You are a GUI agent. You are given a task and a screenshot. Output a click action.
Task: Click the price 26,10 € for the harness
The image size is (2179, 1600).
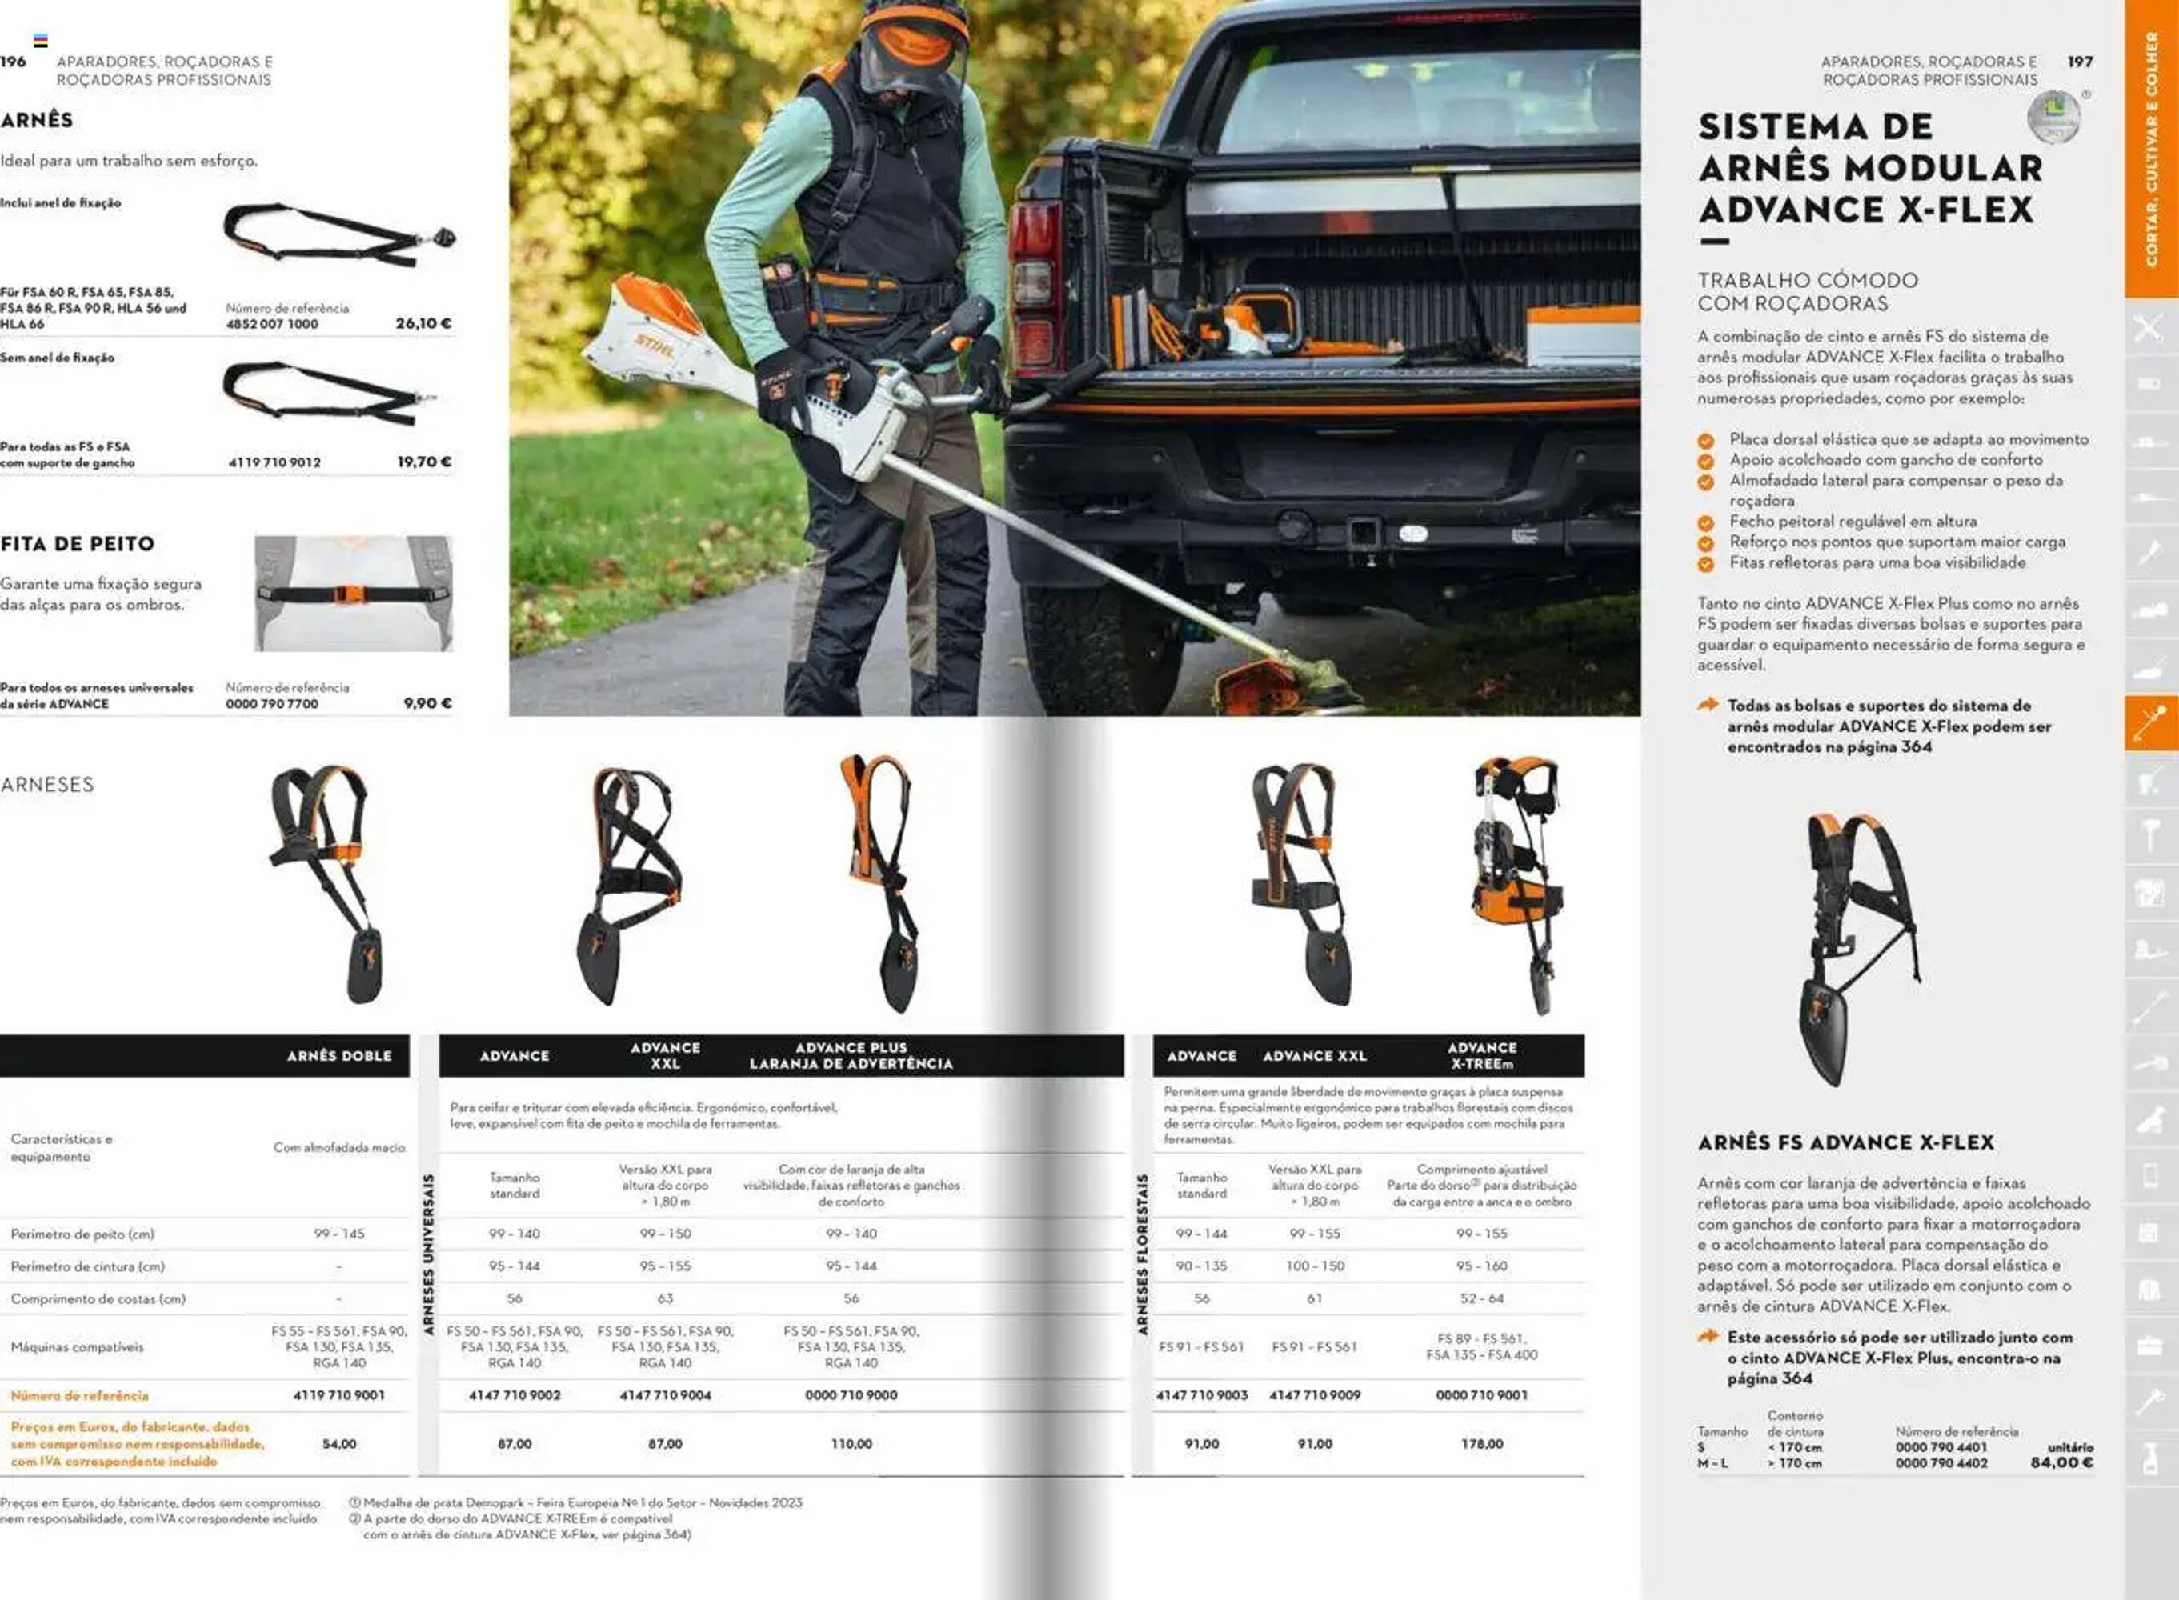click(423, 323)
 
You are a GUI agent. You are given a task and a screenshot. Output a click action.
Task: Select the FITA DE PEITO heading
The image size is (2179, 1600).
click(78, 544)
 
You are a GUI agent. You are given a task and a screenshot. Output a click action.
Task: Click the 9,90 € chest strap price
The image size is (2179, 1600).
click(427, 703)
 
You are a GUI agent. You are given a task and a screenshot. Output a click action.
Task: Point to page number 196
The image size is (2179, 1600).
click(14, 62)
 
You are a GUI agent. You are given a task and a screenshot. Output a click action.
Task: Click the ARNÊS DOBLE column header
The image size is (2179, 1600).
click(339, 1056)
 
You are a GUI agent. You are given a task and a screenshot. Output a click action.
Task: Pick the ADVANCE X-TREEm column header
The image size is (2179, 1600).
click(1481, 1056)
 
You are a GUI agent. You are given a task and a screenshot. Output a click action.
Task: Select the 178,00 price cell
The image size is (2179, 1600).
click(1481, 1444)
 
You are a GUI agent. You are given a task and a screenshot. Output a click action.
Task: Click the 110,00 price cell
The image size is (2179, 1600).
click(851, 1444)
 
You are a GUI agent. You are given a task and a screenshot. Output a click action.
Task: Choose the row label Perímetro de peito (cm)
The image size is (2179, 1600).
click(82, 1234)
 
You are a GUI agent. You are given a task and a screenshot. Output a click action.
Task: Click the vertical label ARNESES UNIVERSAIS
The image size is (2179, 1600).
click(428, 1255)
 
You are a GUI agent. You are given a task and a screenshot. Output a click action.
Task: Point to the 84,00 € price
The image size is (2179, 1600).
click(2061, 1462)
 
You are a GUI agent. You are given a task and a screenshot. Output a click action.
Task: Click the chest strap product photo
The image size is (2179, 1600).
click(353, 594)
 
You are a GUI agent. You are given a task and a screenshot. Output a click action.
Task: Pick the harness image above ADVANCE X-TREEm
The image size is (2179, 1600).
click(1516, 882)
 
